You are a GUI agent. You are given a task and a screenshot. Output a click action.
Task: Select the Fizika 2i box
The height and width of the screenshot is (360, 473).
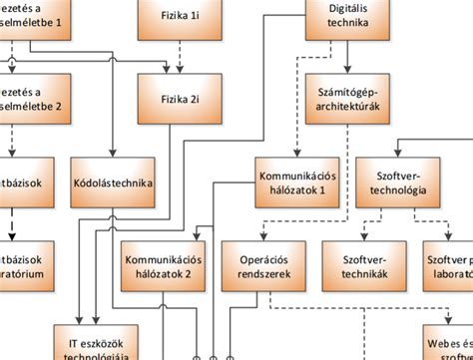(x=181, y=100)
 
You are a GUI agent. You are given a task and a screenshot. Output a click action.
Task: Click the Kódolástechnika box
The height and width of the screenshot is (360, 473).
(x=112, y=182)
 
